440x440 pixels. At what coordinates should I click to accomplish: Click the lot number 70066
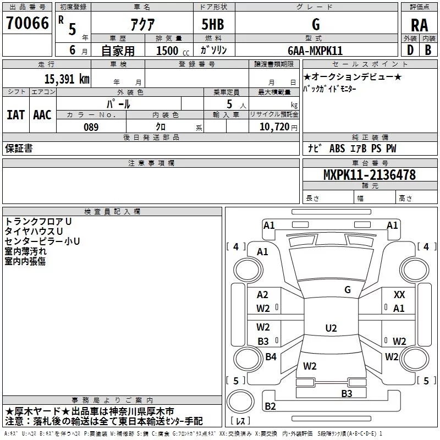pos(28,23)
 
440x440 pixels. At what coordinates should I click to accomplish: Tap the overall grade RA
pos(419,25)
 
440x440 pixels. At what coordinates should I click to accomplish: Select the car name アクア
pos(142,24)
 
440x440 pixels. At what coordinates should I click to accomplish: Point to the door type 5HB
pos(213,24)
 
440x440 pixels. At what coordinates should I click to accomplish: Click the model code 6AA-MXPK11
pos(315,51)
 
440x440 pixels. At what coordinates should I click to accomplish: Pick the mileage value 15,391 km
pos(67,79)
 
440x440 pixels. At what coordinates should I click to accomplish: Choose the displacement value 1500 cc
pos(173,51)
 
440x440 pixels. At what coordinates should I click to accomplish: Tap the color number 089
pos(91,127)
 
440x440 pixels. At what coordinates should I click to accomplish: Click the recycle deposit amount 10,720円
pos(278,127)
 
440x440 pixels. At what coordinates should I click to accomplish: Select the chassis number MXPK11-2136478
pos(370,175)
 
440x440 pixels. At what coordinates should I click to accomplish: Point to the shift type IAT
pos(15,115)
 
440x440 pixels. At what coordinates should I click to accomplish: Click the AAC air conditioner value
pos(42,115)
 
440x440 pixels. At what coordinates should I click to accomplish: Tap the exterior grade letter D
pos(410,50)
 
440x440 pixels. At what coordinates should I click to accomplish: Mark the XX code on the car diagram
pos(399,295)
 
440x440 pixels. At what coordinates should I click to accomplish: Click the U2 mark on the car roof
pos(331,328)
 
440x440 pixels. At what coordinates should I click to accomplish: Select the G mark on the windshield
pos(348,290)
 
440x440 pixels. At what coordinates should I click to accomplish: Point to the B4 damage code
pos(271,356)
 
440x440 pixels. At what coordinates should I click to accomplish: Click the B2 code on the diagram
pos(270,406)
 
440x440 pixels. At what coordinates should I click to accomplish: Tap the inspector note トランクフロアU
pos(38,222)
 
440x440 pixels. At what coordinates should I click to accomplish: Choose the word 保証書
pos(19,148)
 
